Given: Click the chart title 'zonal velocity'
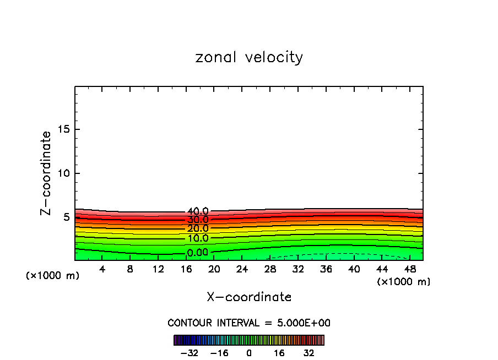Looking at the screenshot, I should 249,57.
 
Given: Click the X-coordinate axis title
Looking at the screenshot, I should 249,297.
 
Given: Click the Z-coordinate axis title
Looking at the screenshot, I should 46,173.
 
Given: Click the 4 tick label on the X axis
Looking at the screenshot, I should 102,269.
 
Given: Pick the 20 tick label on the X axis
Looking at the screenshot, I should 214,269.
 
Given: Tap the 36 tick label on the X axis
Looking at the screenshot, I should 326,269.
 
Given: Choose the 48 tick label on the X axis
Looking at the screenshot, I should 410,269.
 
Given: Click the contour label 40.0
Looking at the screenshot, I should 198,211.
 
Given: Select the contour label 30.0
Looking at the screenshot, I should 198,220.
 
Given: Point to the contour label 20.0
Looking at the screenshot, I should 198,228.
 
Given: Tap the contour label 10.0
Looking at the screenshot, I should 198,238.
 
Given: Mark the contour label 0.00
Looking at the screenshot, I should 198,253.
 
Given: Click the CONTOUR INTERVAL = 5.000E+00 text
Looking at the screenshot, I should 249,323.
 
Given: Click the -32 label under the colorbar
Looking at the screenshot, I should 189,353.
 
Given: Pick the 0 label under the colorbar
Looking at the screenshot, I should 249,353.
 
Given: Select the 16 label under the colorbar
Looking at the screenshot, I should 279,353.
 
